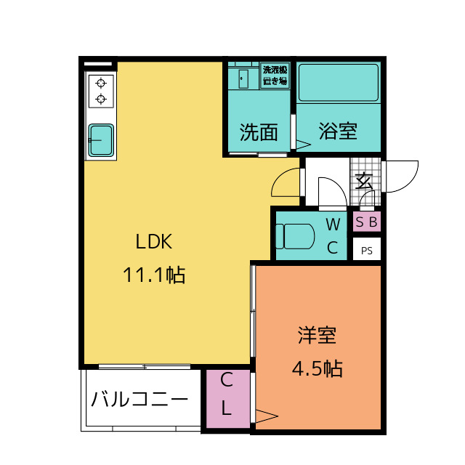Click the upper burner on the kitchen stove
[101, 83]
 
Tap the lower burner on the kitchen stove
[101, 99]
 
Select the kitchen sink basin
[101, 140]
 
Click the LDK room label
[153, 241]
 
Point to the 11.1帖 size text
[154, 275]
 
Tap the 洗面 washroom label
[259, 132]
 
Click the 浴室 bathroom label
[338, 131]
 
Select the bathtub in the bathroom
[339, 83]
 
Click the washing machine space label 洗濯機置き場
[275, 76]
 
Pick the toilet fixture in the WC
[295, 236]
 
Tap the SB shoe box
[366, 222]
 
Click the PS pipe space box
[366, 249]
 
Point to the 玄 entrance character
[364, 181]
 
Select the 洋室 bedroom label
[317, 336]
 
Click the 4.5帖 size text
[318, 368]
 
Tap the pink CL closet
[227, 399]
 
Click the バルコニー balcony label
[139, 399]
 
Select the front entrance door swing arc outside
[410, 182]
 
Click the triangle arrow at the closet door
[267, 416]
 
